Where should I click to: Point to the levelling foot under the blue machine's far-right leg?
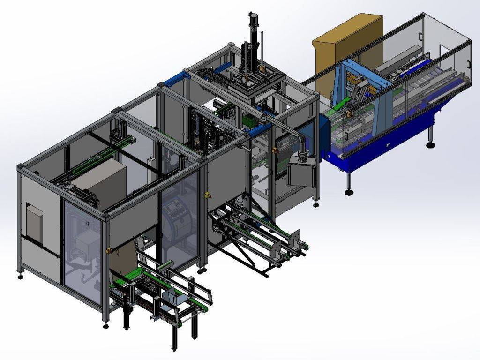coord(430,144)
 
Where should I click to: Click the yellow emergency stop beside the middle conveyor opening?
coord(205,194)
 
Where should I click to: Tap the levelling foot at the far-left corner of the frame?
coord(21,277)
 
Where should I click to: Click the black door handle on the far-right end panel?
coord(421,37)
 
